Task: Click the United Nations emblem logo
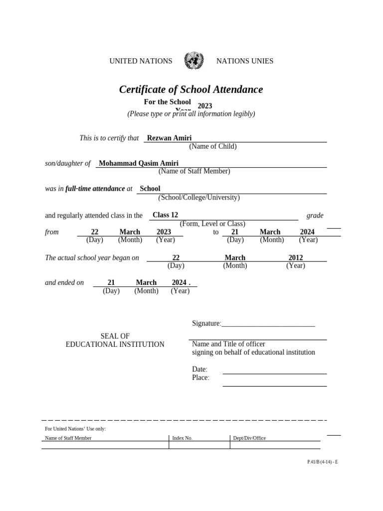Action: (x=193, y=61)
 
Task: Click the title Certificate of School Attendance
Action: (x=191, y=90)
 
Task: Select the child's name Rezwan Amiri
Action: (x=169, y=138)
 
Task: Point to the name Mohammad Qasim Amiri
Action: (x=139, y=163)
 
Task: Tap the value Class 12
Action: (x=165, y=215)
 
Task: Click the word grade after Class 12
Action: (x=315, y=216)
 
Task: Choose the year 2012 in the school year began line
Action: (x=296, y=258)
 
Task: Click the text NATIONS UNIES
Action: (x=244, y=61)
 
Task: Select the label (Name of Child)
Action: (x=212, y=147)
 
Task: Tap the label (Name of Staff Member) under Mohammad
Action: (x=194, y=171)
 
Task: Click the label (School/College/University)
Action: (x=199, y=198)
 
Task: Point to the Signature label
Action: (x=206, y=324)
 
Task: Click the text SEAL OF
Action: (x=115, y=336)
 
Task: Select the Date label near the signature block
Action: (x=199, y=369)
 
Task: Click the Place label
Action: (x=200, y=378)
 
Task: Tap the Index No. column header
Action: (x=182, y=438)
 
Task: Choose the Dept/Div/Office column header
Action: (x=249, y=438)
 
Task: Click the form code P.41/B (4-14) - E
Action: (x=323, y=462)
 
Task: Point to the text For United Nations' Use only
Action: (x=75, y=429)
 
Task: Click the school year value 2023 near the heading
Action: (x=205, y=106)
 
